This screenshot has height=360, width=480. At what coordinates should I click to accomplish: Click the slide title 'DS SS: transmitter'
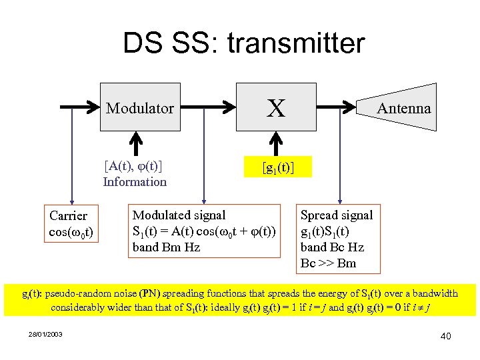coord(243,44)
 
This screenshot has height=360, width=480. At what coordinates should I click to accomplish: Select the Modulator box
coord(140,107)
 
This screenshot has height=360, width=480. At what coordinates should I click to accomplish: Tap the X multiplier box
coord(276,107)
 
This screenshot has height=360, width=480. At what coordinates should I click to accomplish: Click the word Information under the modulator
coord(135,182)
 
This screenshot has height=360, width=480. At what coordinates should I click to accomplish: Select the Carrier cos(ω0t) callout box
coord(71,224)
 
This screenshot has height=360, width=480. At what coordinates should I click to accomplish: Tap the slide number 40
coord(445,336)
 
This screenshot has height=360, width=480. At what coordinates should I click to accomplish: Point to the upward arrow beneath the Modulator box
coord(136,142)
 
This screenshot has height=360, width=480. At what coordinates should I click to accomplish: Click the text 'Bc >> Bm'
coord(329,263)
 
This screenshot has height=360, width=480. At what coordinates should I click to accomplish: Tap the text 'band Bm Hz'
coord(166,247)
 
